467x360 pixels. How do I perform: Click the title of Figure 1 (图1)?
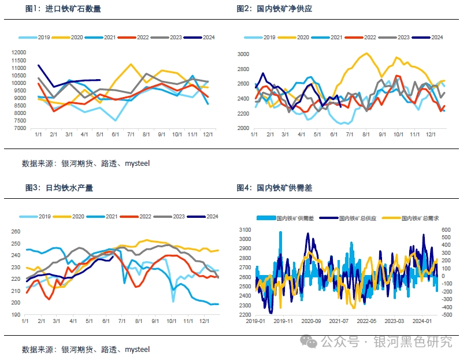tap(63, 9)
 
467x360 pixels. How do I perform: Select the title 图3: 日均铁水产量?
tap(59, 188)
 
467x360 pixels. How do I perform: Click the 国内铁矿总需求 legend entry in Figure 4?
tap(420, 218)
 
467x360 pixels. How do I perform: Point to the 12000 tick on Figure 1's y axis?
tap(19, 53)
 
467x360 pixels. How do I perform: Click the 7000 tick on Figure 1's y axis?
tap(19, 128)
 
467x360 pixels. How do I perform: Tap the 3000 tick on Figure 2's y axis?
tap(243, 54)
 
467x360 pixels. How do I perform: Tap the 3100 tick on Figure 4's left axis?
tap(243, 230)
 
